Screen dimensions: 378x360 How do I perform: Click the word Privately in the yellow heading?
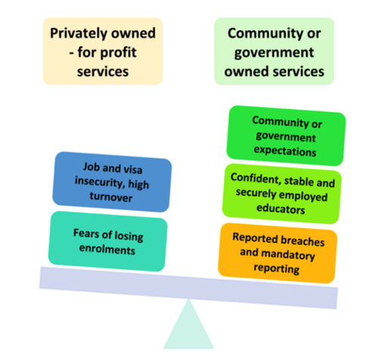click(x=79, y=33)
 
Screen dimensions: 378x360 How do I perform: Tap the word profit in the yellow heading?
click(x=119, y=53)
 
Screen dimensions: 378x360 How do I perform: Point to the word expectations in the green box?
click(x=285, y=151)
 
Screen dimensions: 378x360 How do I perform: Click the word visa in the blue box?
click(x=133, y=169)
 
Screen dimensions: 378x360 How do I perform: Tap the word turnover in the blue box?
click(x=111, y=197)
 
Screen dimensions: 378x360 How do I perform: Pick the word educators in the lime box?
click(x=280, y=209)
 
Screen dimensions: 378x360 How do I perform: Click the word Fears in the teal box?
click(x=85, y=233)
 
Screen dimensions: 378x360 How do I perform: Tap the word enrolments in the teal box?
click(x=107, y=249)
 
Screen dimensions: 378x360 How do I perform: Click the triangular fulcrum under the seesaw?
click(x=188, y=327)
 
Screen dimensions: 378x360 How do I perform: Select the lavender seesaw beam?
click(x=188, y=287)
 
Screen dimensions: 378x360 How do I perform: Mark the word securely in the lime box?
click(x=256, y=193)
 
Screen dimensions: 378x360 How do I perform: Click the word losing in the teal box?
click(x=129, y=237)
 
